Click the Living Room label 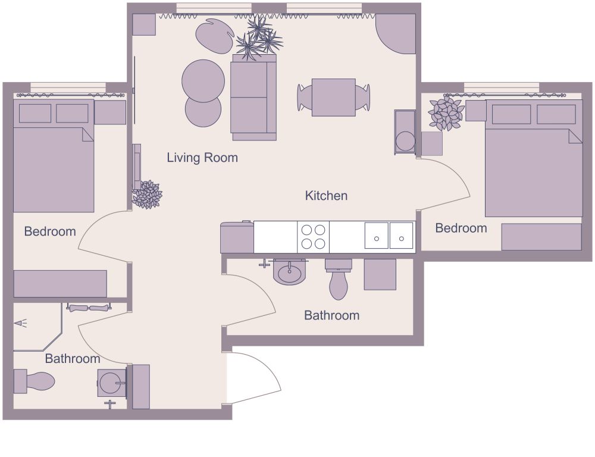tap(202, 158)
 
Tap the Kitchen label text tap(326, 195)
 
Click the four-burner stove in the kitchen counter tap(313, 236)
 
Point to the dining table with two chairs tap(333, 97)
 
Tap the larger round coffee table tap(203, 80)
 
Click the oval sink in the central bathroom tap(290, 273)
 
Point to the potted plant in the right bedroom tap(446, 113)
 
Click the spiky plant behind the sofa tap(258, 37)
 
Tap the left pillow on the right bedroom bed tap(511, 114)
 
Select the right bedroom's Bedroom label tap(461, 228)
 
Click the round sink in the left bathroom tap(111, 383)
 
